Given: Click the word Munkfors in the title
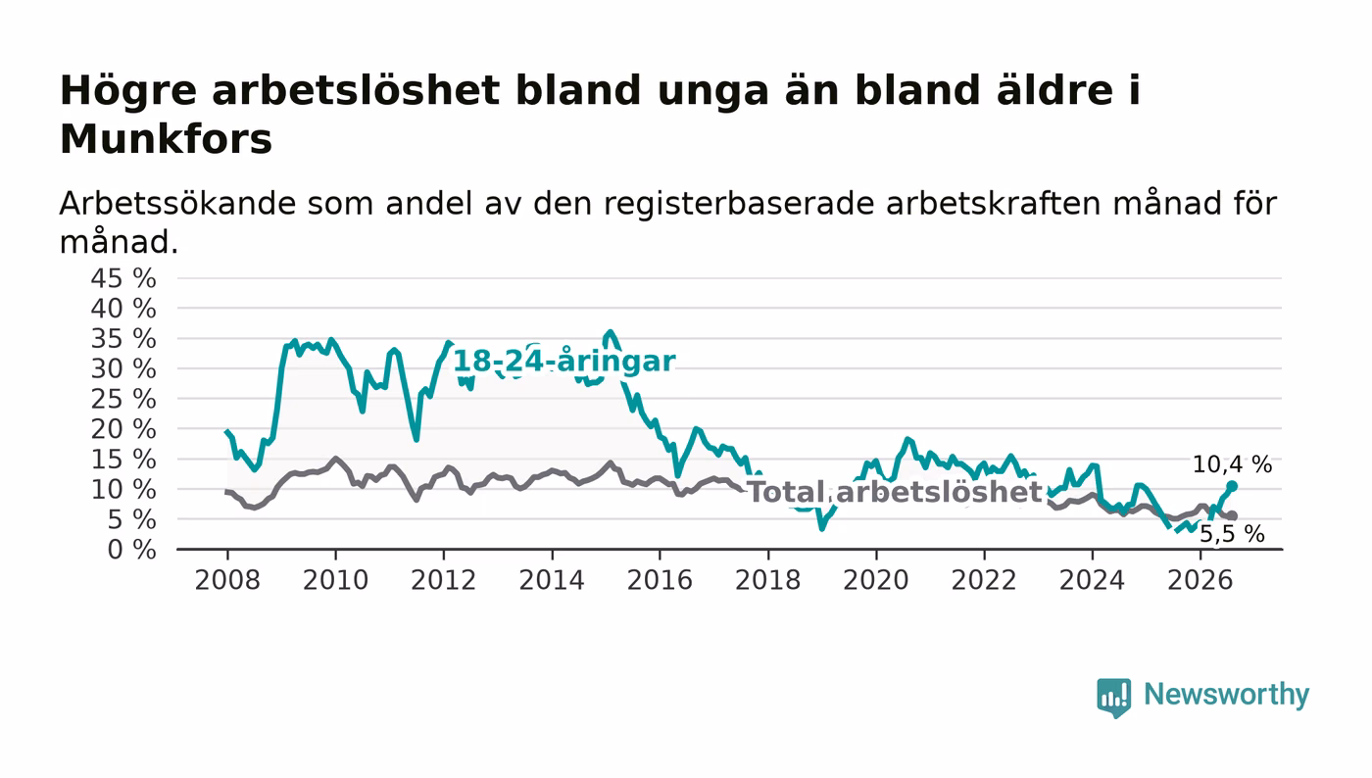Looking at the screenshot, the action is (x=166, y=139).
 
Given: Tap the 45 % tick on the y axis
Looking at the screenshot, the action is (x=123, y=278).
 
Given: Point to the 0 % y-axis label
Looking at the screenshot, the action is (x=131, y=550).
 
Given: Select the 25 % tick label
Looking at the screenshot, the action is (x=123, y=400).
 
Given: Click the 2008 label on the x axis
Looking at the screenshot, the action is (x=227, y=580).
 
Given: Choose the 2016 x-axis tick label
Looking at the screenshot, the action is (x=660, y=580).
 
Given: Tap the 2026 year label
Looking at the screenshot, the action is (x=1200, y=580).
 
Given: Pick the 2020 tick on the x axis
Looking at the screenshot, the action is (x=876, y=580).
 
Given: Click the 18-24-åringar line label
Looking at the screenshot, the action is (x=563, y=361).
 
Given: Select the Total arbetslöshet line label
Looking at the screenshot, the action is (x=895, y=492).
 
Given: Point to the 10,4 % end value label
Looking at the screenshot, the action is (x=1232, y=464).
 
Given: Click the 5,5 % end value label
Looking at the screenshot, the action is (x=1232, y=534).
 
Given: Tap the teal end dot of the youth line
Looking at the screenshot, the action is (x=1233, y=486).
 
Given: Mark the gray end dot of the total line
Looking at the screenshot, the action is (x=1233, y=515).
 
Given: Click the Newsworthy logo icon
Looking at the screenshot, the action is (x=1113, y=697).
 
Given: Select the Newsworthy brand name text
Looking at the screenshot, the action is (x=1226, y=695).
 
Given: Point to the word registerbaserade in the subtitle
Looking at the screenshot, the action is (x=739, y=204).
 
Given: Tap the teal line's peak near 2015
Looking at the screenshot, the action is (x=610, y=332).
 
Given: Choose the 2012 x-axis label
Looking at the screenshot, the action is (x=443, y=580).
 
